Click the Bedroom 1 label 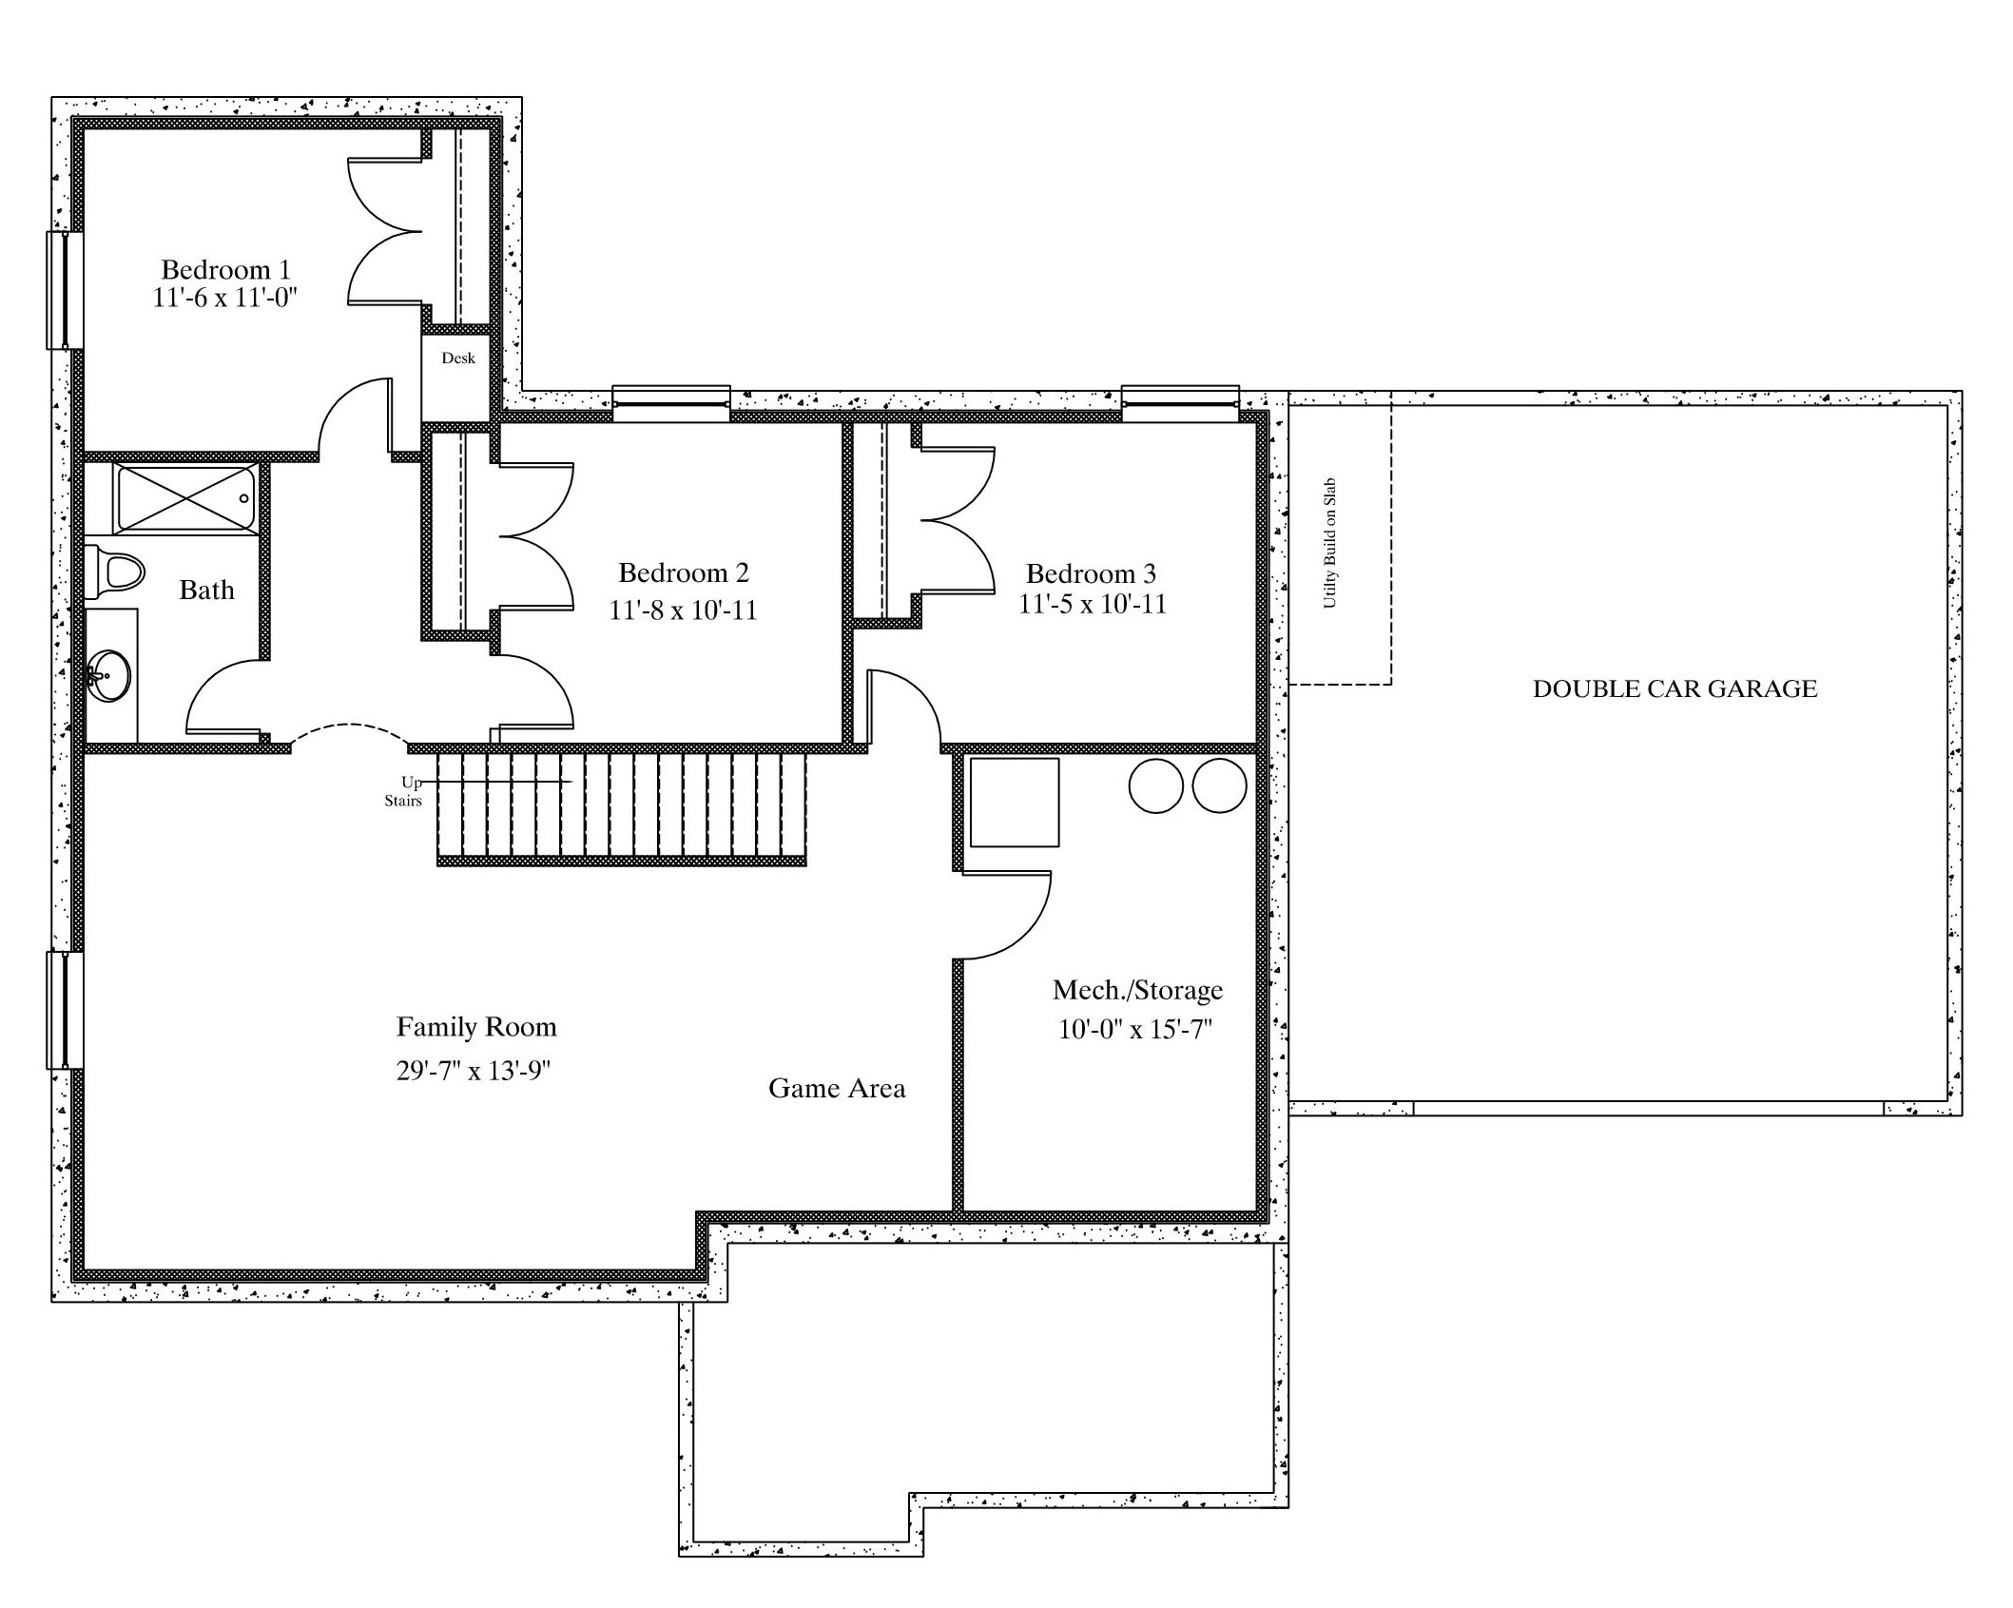click(225, 270)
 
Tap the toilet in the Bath click(113, 572)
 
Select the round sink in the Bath click(108, 675)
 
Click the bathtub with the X click(186, 497)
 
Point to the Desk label click(458, 358)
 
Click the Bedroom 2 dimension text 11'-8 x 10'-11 click(683, 610)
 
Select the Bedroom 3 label click(1091, 573)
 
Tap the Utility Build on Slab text click(1330, 543)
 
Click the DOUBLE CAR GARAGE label click(1674, 688)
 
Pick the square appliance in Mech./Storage click(1014, 802)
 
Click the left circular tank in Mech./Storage click(1155, 785)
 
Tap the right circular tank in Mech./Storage click(1219, 785)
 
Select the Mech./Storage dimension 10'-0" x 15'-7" click(1136, 1029)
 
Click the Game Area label click(837, 1088)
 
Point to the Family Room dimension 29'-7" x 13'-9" click(474, 1071)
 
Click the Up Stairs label click(406, 791)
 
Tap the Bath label click(206, 590)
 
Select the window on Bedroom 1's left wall click(65, 290)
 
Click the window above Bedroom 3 click(1180, 403)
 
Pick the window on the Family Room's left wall click(65, 1010)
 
